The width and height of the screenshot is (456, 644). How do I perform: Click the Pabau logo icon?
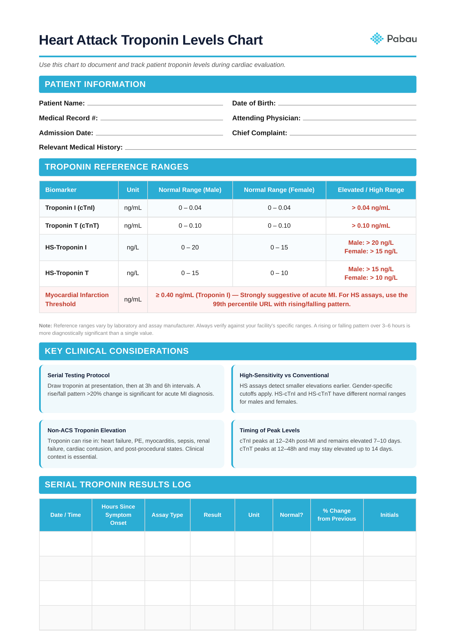click(x=376, y=39)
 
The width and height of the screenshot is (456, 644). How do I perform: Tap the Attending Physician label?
click(x=266, y=118)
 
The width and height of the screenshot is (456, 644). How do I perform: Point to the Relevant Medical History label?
click(x=81, y=147)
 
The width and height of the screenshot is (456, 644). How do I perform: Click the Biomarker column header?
click(x=61, y=190)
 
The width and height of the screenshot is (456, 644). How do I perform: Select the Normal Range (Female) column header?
click(x=279, y=190)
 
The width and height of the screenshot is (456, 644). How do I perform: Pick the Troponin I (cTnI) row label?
click(x=70, y=208)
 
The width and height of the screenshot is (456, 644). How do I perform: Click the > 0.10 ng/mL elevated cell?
click(x=371, y=226)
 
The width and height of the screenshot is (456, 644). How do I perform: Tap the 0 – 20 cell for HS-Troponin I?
click(x=190, y=248)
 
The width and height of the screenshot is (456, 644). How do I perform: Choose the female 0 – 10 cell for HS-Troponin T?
click(x=279, y=273)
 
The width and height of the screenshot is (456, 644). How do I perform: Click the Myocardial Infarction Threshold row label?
click(x=77, y=300)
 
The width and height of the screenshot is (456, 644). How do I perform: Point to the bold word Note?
click(x=45, y=326)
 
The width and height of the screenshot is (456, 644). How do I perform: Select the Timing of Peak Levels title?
click(x=269, y=430)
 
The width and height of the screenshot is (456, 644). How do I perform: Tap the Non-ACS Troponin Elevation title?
click(x=86, y=430)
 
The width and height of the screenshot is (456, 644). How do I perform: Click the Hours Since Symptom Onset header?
click(x=118, y=515)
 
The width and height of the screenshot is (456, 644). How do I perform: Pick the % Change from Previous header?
click(x=336, y=515)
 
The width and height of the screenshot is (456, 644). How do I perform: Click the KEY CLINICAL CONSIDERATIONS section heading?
click(x=116, y=351)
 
